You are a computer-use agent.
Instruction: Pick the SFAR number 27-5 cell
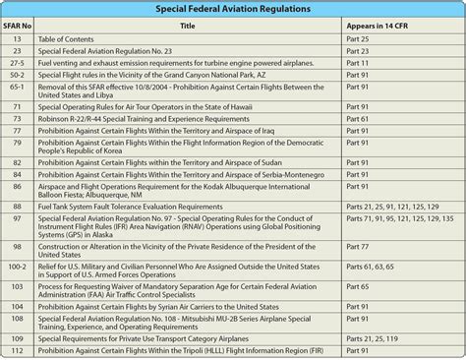tap(18, 61)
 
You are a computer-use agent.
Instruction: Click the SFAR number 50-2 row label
tap(18, 74)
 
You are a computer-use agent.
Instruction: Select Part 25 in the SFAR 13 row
tap(358, 36)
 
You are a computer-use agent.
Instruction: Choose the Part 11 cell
tap(358, 61)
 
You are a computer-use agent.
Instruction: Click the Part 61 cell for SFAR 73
tap(358, 117)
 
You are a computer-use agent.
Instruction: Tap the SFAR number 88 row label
tap(18, 206)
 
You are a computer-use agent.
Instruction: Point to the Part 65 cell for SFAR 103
tap(358, 287)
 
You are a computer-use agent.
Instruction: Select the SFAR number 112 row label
tap(18, 350)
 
